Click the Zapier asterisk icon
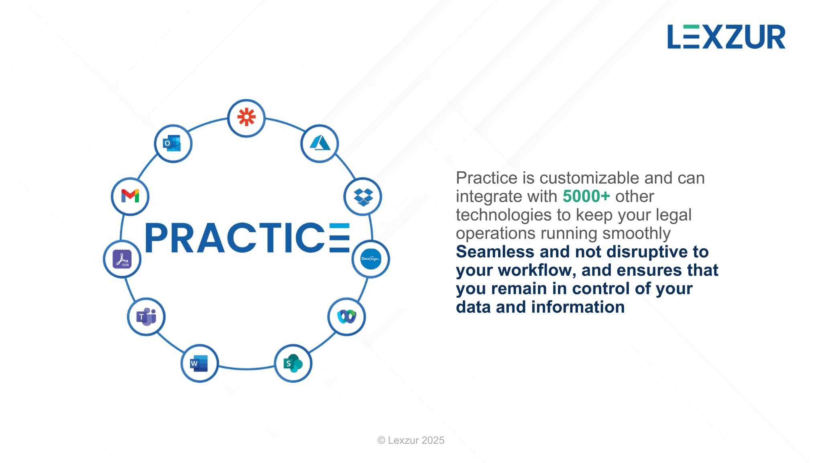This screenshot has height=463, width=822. pos(246,117)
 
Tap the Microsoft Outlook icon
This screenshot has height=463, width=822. pos(172,143)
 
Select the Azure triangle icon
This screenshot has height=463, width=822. pos(320,143)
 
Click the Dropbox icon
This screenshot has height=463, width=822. pos(363,197)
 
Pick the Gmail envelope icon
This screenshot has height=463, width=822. pos(130,196)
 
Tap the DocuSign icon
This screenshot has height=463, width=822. pos(370,259)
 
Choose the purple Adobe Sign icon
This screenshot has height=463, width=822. pos(122,259)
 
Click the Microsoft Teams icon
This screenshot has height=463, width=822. pos(146,317)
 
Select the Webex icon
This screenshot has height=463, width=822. pos(347,316)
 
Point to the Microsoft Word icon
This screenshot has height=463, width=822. pos(199,363)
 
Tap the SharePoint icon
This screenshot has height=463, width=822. pos(293,363)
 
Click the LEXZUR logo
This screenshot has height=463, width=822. pos(726,37)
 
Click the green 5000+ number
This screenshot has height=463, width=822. pos(586,196)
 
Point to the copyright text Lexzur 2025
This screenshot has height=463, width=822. pos(411,440)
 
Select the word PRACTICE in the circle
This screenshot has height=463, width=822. pos(247,238)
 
